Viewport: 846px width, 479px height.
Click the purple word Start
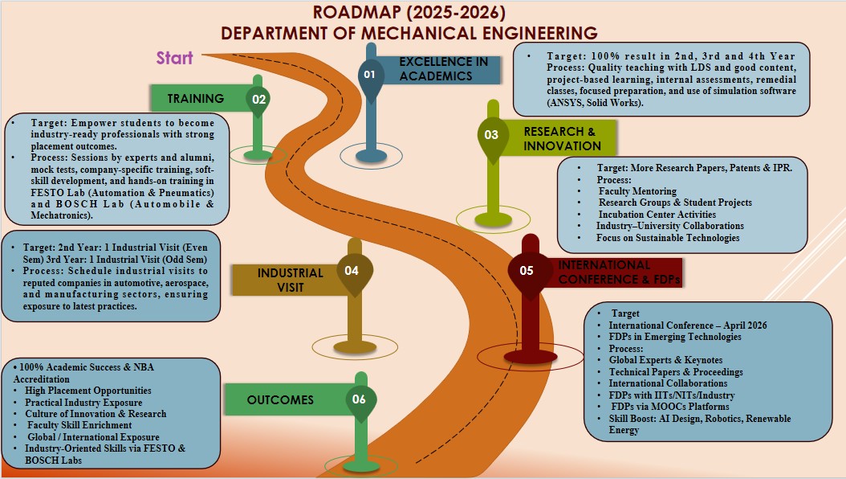click(175, 58)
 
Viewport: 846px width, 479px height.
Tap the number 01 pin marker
click(369, 74)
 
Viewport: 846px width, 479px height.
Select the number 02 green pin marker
click(258, 99)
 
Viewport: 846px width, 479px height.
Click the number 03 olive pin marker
click(491, 135)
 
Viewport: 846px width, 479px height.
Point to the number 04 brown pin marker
click(351, 270)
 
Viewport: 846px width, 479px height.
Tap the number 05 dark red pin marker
click(527, 270)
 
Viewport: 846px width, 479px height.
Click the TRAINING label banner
click(197, 99)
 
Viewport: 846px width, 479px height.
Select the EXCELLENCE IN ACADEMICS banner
click(443, 69)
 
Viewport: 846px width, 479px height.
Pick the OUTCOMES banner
click(280, 399)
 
